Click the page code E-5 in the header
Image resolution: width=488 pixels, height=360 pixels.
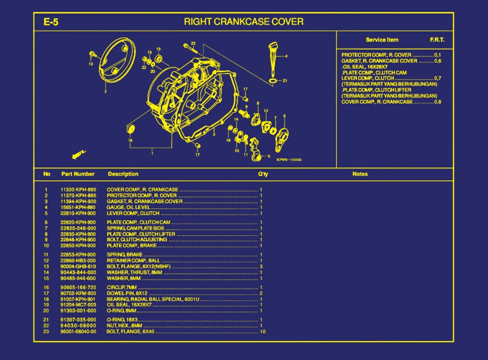[x=51, y=22]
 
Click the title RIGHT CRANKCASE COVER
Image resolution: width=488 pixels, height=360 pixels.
[x=244, y=22]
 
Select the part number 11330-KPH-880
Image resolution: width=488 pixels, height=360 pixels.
[x=78, y=190]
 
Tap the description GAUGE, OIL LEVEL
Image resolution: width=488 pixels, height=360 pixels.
[x=128, y=207]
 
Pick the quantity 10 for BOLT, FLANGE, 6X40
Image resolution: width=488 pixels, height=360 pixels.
[x=263, y=332]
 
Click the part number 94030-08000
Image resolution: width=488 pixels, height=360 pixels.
[x=78, y=326]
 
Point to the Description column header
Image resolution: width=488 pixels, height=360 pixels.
[x=123, y=174]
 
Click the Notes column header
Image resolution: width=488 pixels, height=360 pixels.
[x=360, y=174]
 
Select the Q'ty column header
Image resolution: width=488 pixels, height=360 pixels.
[x=263, y=174]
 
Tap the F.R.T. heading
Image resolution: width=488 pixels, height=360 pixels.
[x=437, y=40]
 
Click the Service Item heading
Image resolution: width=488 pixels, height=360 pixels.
[x=382, y=40]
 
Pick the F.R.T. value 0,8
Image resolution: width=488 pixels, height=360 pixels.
[x=438, y=102]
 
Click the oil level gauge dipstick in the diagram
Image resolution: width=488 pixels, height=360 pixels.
[x=273, y=59]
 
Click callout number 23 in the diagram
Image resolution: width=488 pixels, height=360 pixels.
[x=193, y=43]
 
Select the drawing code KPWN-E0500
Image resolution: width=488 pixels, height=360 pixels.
[x=289, y=160]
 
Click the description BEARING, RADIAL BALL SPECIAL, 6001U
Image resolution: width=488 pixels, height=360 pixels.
[x=153, y=299]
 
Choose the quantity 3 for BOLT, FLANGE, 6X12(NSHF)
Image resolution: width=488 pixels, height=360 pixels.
[x=261, y=266]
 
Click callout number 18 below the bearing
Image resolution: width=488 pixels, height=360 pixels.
[x=130, y=140]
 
